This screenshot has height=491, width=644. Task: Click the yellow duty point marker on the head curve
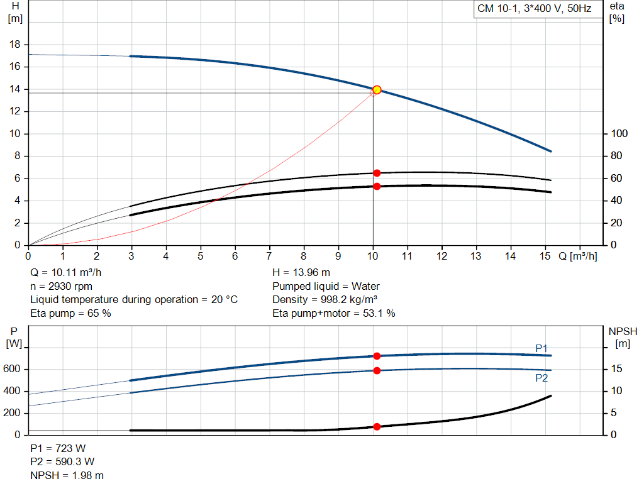[377, 90]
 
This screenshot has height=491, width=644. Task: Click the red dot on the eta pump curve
[377, 173]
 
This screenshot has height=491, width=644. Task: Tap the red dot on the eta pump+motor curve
[377, 186]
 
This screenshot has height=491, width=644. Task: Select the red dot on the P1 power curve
[377, 356]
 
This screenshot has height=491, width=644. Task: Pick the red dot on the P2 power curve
[377, 370]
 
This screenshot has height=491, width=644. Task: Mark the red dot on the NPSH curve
[377, 426]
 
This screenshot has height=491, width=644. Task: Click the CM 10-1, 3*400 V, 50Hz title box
[534, 9]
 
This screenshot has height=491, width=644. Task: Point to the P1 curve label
[541, 348]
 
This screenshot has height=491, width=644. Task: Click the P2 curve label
[541, 378]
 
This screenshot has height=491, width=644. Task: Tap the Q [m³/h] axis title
[577, 257]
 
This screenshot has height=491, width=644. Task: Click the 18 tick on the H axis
[16, 45]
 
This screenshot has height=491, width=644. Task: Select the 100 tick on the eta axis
[619, 134]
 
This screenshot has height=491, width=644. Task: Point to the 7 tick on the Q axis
[269, 257]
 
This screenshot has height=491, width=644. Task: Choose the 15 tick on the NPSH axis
[617, 369]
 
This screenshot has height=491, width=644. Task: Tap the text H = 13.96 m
[301, 273]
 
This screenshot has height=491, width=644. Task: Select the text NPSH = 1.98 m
[67, 475]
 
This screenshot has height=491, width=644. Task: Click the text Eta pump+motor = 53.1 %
[333, 313]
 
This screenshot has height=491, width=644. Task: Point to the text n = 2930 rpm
[61, 286]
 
